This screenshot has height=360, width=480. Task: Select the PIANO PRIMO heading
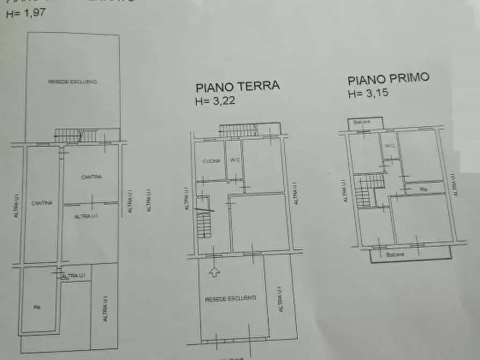point(388,80)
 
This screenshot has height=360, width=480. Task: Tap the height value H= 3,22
point(215,100)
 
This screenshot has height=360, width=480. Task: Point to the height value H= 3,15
point(368,93)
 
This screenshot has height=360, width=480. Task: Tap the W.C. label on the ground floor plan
point(234,159)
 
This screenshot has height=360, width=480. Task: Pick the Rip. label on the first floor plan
point(424,189)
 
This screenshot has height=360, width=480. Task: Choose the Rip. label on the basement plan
point(37,307)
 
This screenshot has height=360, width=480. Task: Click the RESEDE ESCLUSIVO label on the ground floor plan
point(231,298)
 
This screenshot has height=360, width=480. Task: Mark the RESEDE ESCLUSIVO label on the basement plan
point(72,82)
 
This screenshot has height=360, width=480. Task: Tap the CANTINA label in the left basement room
point(41,203)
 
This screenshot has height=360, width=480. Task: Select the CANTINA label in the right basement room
point(92,177)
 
